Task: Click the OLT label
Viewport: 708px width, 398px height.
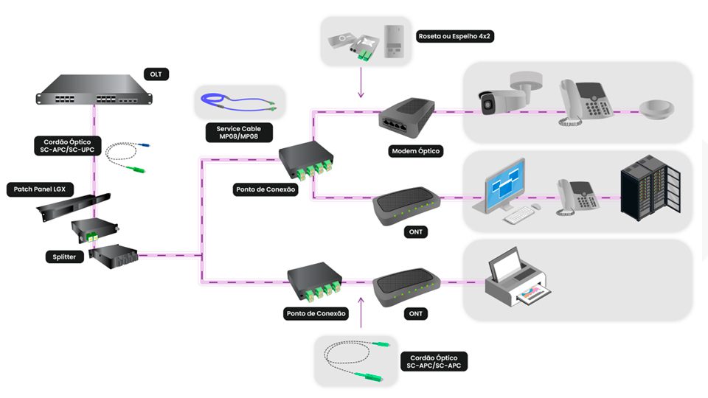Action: pyautogui.click(x=156, y=74)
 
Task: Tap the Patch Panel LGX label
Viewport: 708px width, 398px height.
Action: pyautogui.click(x=40, y=189)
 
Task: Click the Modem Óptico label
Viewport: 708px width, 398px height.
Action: pyautogui.click(x=415, y=151)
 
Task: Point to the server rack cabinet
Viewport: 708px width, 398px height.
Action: pyautogui.click(x=648, y=189)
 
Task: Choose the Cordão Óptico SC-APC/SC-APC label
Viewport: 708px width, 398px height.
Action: pyautogui.click(x=436, y=361)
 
